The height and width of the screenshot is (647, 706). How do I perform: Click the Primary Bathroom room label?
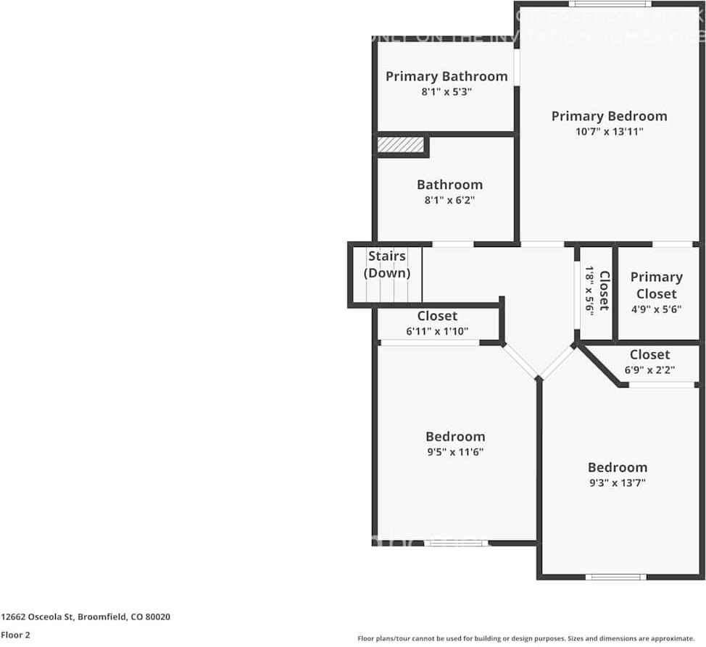446,76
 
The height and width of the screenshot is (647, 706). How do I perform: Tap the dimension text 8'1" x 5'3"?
446,92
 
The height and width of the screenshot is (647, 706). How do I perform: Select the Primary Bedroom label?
609,116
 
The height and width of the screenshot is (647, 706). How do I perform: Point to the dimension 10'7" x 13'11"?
609,131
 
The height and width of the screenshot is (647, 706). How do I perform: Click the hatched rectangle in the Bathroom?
400,145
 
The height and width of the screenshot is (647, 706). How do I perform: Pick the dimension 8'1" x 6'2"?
449,200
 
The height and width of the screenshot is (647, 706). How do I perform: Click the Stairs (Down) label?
387,264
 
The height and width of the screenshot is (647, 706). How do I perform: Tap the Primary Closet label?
656,285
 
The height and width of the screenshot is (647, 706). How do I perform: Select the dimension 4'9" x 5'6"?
656,309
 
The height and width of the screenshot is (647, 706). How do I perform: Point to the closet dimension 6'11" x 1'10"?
437,331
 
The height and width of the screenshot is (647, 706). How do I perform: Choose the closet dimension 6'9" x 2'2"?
649,370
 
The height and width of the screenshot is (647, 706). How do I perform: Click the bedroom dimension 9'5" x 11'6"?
454,452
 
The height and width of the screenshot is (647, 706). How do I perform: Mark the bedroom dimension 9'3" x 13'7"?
618,483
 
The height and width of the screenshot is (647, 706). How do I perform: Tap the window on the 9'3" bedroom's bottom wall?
615,577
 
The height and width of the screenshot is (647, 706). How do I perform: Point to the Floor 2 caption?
15,635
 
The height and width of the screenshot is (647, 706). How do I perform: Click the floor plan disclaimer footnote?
526,638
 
